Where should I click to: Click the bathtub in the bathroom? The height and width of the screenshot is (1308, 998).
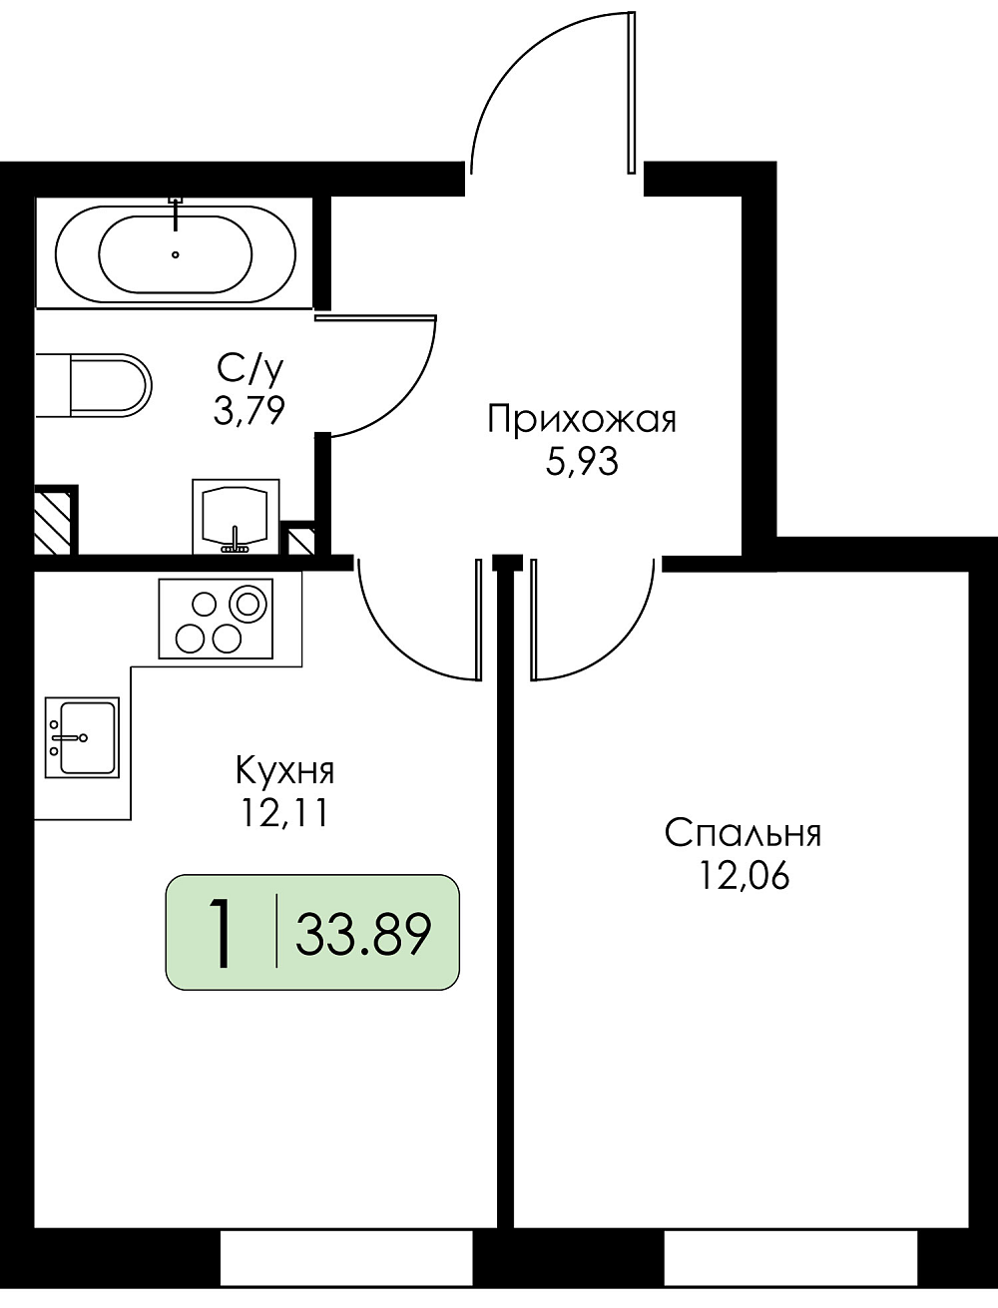175,253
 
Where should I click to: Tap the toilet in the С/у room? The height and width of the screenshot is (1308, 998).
94,385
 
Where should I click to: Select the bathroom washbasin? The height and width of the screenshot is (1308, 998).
236,517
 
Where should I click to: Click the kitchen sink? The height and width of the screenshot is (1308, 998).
82,737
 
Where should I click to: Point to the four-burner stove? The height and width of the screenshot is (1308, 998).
216,619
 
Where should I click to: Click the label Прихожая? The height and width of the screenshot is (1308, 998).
582,420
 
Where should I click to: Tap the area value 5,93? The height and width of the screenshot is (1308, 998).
582,463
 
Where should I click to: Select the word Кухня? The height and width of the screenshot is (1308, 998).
285,770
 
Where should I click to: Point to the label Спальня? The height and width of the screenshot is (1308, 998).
743,833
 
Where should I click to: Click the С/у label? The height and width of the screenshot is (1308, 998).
249,369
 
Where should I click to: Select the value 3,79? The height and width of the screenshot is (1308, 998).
249,411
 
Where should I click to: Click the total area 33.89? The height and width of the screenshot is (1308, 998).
363,934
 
